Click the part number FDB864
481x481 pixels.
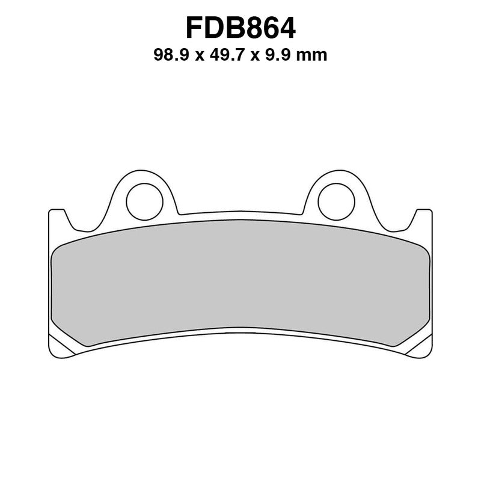pos(240,28)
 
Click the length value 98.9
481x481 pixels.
pos(171,56)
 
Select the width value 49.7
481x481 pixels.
pos(224,56)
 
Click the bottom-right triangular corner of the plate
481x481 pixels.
pos(421,347)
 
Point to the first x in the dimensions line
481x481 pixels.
pos(197,57)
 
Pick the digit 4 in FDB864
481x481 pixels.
pos(286,28)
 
